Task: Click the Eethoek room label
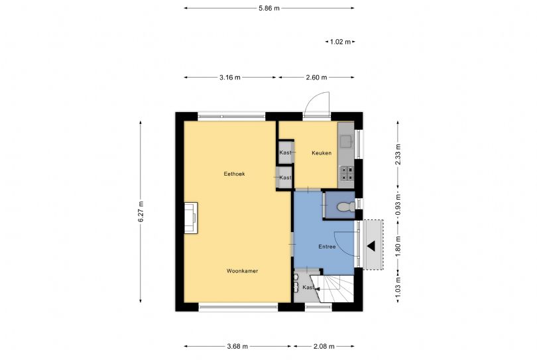coord(235,174)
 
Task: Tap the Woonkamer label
coord(241,271)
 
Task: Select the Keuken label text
coord(322,153)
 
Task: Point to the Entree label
coord(327,247)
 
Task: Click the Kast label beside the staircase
coord(308,288)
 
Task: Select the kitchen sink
coord(346,140)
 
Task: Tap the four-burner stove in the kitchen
coord(347,174)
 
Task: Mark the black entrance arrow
coord(372,246)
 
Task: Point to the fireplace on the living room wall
coord(190,218)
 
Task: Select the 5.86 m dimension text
coord(268,8)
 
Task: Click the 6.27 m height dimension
coord(141,212)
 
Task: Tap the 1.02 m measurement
coord(340,42)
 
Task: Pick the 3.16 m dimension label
coord(230,78)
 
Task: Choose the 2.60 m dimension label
coord(316,78)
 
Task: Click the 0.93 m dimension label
coord(398,204)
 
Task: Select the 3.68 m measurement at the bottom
coord(237,346)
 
